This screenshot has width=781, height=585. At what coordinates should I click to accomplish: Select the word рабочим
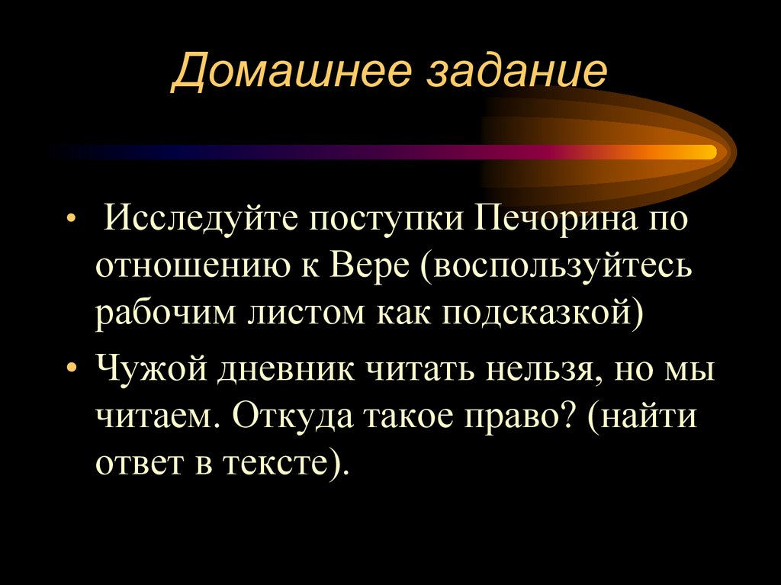click(162, 314)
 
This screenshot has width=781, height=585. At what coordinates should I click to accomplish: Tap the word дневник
click(288, 371)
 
